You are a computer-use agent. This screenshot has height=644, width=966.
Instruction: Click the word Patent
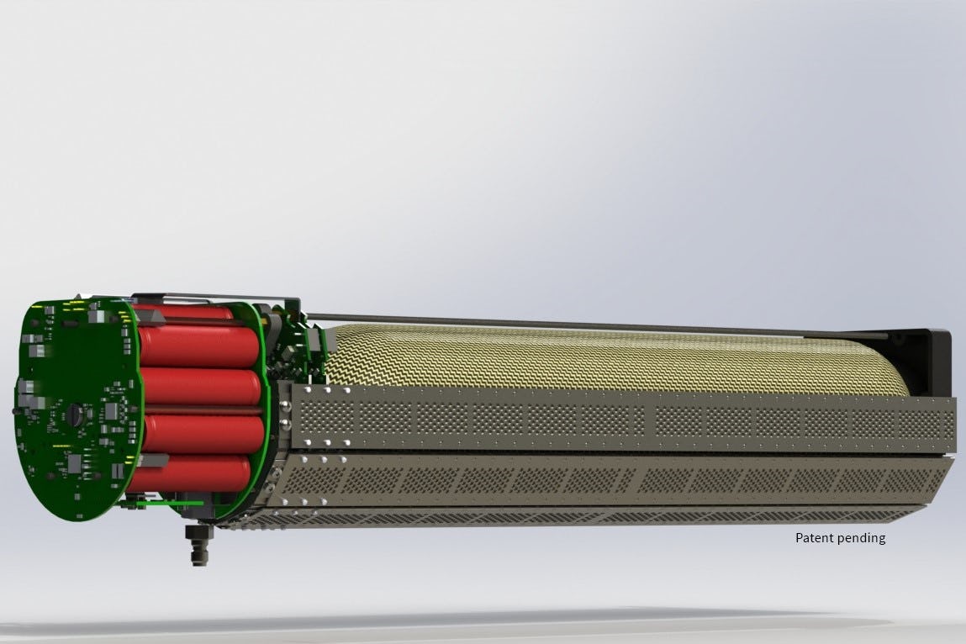pos(814,538)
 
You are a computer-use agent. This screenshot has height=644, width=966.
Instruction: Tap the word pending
pos(860,538)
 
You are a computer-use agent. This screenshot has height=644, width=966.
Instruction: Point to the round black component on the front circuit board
pos(77,414)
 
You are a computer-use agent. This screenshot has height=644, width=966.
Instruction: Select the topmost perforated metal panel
pos(622,419)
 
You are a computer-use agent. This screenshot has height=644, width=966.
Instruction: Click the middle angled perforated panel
pos(622,480)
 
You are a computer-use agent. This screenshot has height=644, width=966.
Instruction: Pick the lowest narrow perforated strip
pos(589,515)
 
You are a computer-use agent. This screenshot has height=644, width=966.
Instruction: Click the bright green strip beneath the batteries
pos(172,503)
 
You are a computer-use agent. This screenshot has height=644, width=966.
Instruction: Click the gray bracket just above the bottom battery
pos(156,459)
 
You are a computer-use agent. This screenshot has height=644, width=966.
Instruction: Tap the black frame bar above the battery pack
pos(219,298)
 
